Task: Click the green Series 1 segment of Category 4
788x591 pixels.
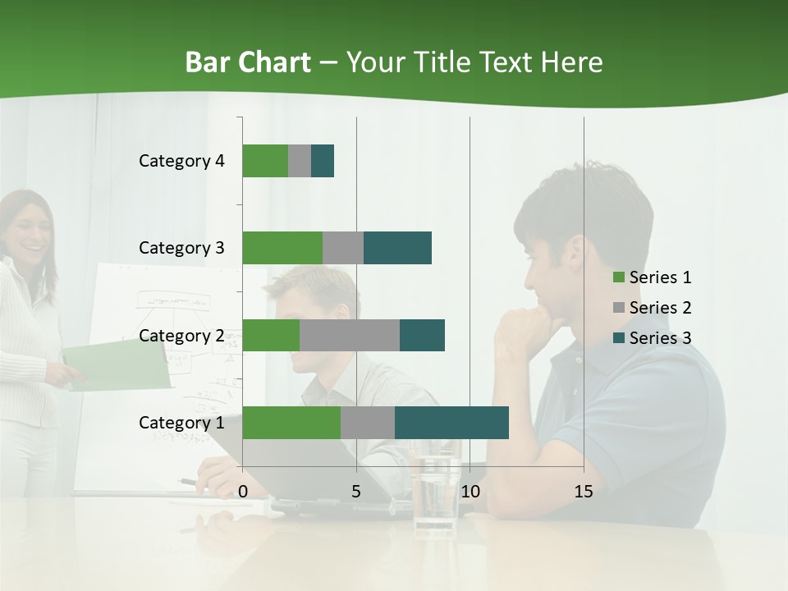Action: [x=265, y=161]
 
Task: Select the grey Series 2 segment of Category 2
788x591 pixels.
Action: [x=350, y=335]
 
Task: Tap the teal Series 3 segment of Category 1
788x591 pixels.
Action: [x=451, y=422]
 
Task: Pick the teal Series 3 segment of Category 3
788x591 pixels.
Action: [x=397, y=248]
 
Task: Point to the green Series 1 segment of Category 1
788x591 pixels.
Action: [x=291, y=422]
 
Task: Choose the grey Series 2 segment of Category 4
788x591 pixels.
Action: [x=300, y=161]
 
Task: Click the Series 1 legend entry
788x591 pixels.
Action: [x=653, y=277]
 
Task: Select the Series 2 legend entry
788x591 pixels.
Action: [x=653, y=308]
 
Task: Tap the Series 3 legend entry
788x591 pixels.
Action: [x=653, y=338]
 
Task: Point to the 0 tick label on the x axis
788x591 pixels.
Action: [x=243, y=492]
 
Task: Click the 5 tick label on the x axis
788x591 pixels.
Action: [x=356, y=492]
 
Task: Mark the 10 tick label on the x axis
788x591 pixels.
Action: [x=470, y=492]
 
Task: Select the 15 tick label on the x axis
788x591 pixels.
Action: [x=584, y=492]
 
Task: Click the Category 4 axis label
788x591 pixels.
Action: [x=181, y=161]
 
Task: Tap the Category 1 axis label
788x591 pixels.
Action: [x=181, y=423]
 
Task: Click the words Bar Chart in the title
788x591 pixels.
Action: [x=248, y=62]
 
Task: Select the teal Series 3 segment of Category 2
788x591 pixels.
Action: [x=422, y=335]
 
